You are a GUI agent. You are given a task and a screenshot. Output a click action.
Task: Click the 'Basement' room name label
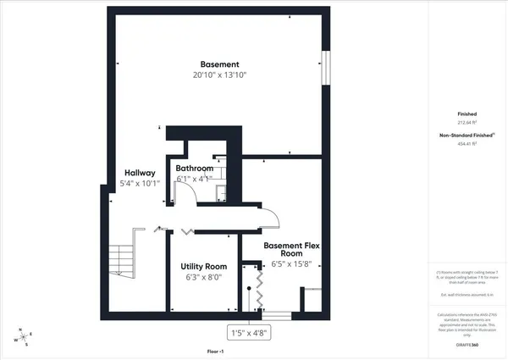(x=219, y=64)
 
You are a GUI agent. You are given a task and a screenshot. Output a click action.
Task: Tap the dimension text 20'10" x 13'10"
(x=219, y=75)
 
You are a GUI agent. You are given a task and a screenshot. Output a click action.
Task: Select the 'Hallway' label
(x=140, y=173)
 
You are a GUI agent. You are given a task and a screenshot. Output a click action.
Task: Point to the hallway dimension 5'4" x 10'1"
(x=140, y=183)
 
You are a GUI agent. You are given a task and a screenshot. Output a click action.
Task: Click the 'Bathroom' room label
(x=194, y=169)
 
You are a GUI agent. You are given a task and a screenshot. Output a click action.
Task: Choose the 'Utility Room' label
(x=204, y=266)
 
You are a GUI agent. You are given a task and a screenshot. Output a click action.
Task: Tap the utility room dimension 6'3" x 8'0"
(x=204, y=276)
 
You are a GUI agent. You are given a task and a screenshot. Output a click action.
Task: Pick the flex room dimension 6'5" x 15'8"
(x=291, y=263)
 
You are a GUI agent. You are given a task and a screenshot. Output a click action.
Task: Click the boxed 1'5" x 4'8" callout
(x=249, y=333)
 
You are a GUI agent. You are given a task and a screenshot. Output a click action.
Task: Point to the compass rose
(x=23, y=336)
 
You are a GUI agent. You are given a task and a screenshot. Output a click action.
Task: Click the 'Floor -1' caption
(x=216, y=351)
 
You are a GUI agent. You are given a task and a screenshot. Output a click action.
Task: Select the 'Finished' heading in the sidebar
(x=467, y=114)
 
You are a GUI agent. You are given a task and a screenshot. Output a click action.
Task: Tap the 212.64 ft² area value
(x=467, y=122)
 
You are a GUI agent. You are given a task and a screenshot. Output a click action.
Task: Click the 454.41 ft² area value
(x=467, y=144)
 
